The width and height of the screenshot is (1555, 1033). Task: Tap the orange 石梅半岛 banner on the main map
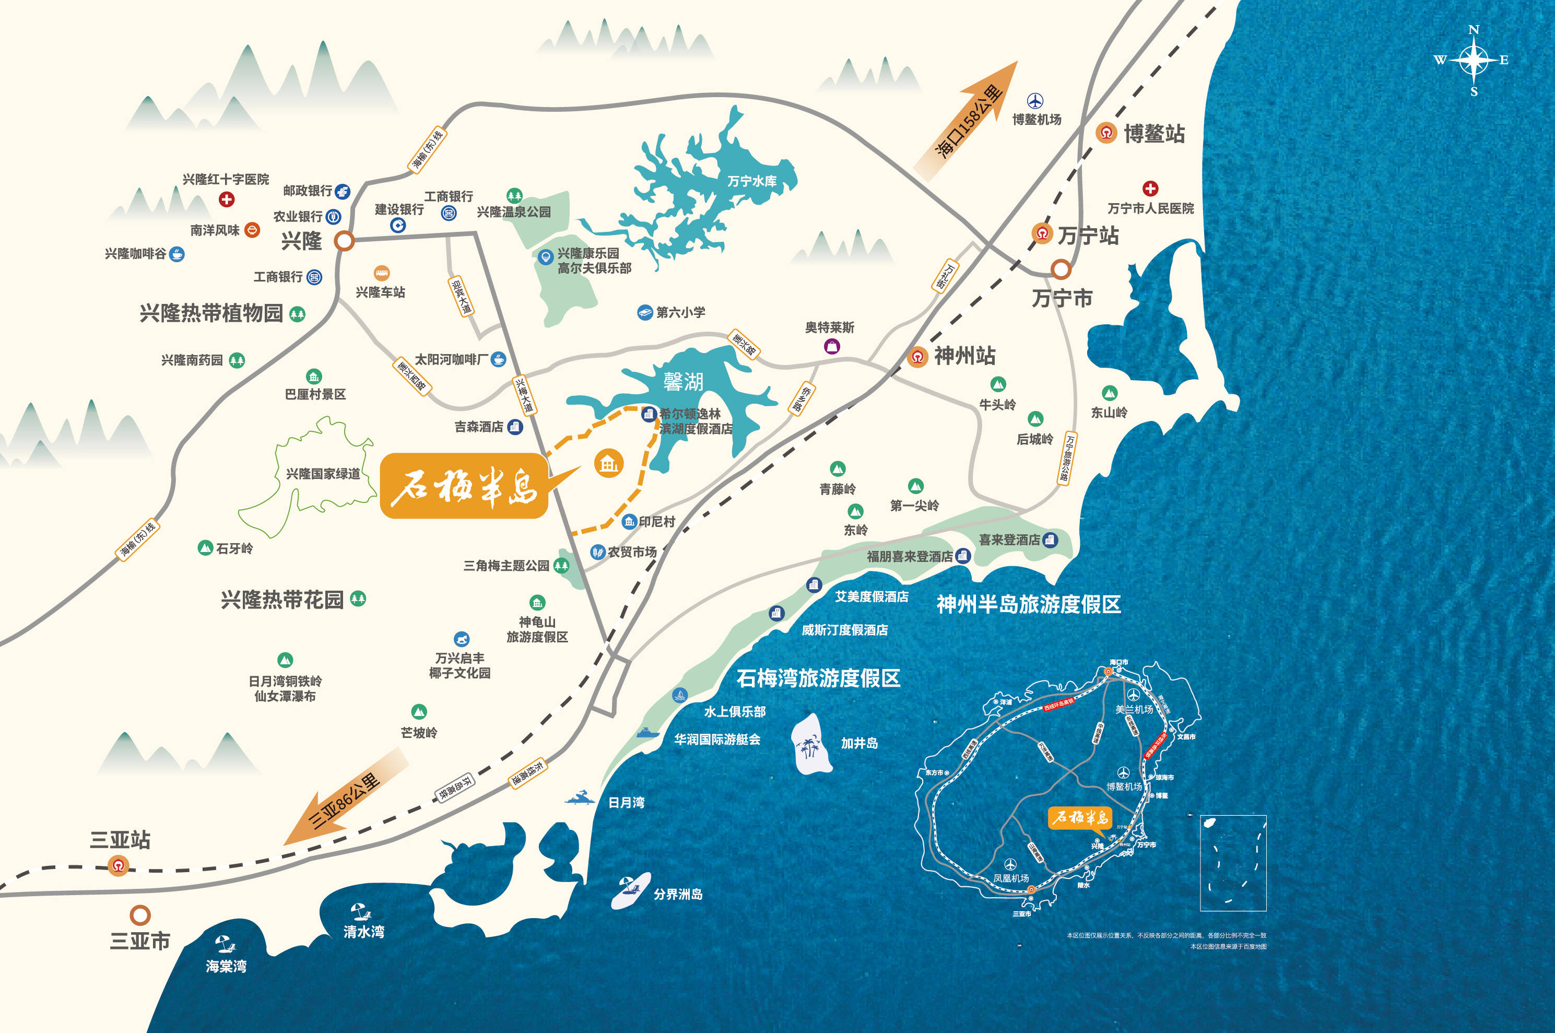(x=464, y=486)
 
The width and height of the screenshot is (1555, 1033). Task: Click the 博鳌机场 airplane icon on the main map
(x=1035, y=101)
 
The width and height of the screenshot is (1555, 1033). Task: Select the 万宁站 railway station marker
(x=1042, y=233)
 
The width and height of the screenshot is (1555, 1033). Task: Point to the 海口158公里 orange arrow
(x=968, y=122)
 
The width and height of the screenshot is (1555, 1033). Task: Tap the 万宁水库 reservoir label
(x=751, y=181)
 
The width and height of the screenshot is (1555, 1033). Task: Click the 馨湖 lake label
(x=683, y=381)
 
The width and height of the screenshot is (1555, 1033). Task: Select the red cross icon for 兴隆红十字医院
(x=227, y=199)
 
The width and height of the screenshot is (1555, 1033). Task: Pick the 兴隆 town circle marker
(x=344, y=240)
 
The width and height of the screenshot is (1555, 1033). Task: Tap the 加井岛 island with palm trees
(x=811, y=744)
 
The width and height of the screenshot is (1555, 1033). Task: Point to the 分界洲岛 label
(x=678, y=894)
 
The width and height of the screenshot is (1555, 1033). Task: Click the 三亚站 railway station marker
(x=118, y=865)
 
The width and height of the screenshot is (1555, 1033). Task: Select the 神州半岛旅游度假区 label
(x=1028, y=604)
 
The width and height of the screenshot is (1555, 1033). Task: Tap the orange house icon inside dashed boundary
(x=608, y=463)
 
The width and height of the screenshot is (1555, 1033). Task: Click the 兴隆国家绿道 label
(x=323, y=474)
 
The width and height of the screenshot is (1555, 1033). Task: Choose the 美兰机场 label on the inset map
(x=1134, y=710)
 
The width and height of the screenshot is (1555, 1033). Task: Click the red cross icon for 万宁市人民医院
(x=1150, y=189)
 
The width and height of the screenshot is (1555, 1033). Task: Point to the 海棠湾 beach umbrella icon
(x=225, y=945)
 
